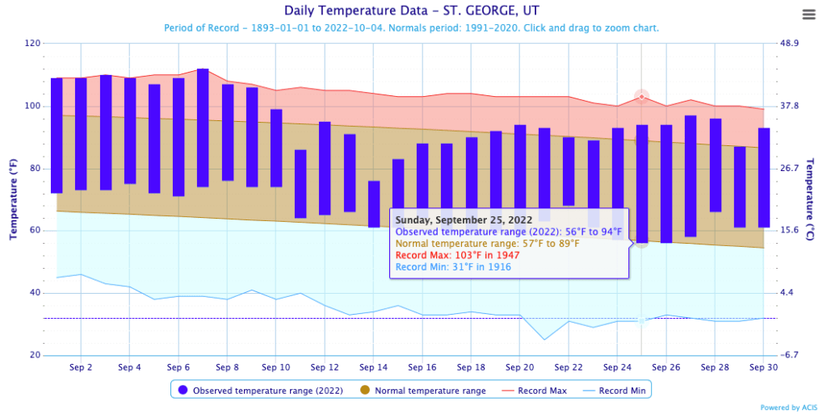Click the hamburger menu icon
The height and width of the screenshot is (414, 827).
tap(808, 15)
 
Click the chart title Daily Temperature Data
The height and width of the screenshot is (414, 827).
tap(413, 11)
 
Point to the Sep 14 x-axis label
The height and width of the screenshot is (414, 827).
tap(373, 367)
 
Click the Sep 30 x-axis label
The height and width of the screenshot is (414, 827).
tap(763, 367)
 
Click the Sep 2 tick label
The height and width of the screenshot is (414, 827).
tap(81, 367)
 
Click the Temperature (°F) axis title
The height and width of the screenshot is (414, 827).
tap(14, 199)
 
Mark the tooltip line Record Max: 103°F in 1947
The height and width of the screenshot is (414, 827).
tap(457, 255)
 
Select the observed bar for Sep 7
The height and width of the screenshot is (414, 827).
tap(203, 128)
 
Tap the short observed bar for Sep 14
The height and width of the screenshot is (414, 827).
tap(374, 203)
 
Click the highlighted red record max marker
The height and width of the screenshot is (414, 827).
tap(642, 97)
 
